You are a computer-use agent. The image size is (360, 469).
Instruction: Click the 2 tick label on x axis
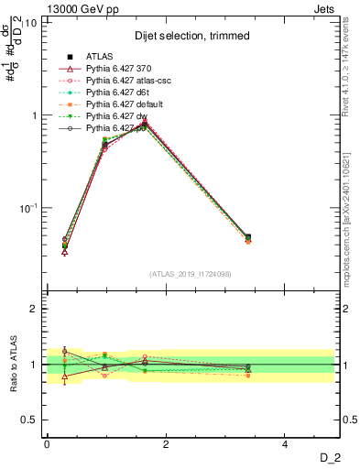(x=166, y=444)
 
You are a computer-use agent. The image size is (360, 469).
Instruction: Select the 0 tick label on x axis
(x=47, y=444)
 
